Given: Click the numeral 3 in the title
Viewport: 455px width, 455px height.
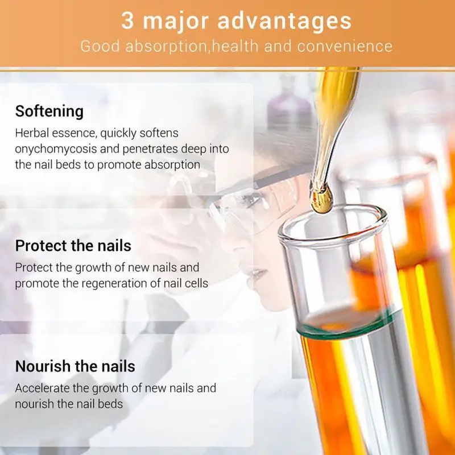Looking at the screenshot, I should pyautogui.click(x=128, y=22).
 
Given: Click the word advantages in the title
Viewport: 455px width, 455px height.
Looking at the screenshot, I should pyautogui.click(x=285, y=22).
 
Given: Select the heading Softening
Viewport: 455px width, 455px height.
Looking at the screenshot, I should pyautogui.click(x=49, y=111).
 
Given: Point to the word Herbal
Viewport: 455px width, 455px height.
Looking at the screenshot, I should pyautogui.click(x=31, y=133).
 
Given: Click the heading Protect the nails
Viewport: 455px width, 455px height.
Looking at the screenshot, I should pyautogui.click(x=73, y=246).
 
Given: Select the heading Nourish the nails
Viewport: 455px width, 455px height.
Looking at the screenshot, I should pyautogui.click(x=75, y=366).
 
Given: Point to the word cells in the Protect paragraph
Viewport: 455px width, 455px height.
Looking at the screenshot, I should pyautogui.click(x=195, y=283).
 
